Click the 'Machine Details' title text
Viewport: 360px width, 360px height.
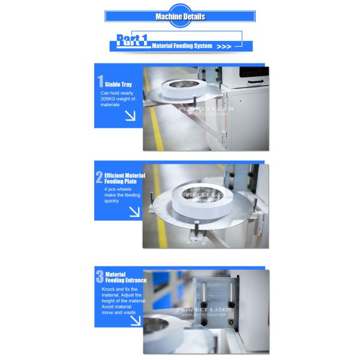(x=180, y=17)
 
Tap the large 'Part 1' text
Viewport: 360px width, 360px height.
(x=132, y=40)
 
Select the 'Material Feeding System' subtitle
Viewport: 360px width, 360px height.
(x=182, y=46)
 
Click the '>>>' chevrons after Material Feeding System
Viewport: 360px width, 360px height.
(x=224, y=47)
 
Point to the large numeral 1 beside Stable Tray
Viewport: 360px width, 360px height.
(x=100, y=81)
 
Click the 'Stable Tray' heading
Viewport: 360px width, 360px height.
(x=118, y=85)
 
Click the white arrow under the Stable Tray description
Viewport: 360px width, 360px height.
(x=130, y=115)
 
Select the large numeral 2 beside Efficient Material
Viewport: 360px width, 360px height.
(x=99, y=177)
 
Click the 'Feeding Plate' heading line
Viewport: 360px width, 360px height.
(x=121, y=182)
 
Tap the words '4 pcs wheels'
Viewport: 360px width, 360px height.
(x=118, y=189)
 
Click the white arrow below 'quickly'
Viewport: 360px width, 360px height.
(x=134, y=212)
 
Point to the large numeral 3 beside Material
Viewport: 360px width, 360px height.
(x=100, y=276)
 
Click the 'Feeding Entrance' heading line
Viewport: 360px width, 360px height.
(x=126, y=280)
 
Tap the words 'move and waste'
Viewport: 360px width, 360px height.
(x=118, y=313)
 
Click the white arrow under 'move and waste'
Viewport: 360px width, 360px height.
(x=135, y=320)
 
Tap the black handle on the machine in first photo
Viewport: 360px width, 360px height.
(x=256, y=82)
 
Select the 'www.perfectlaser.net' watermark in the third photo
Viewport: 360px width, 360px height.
(x=204, y=314)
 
